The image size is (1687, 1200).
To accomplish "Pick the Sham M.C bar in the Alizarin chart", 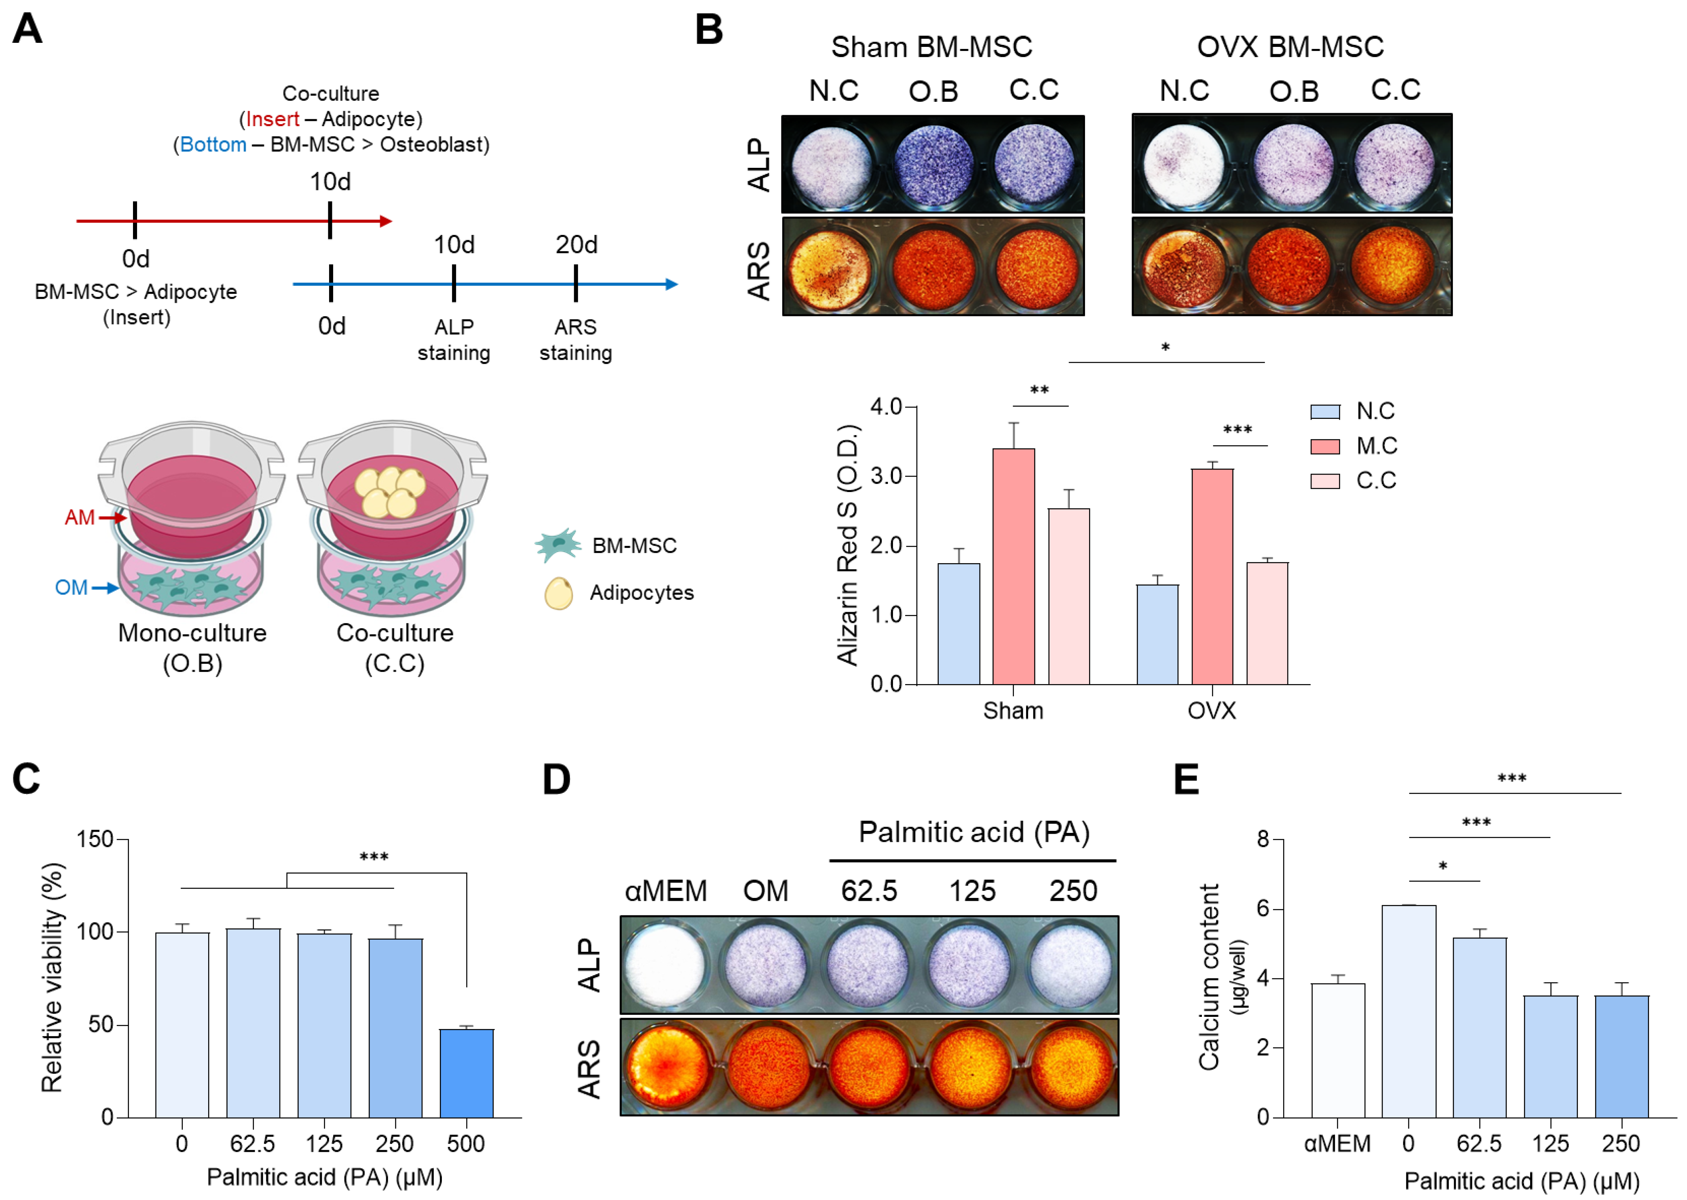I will coord(1013,566).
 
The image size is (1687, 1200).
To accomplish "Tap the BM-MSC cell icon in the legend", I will coord(557,545).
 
